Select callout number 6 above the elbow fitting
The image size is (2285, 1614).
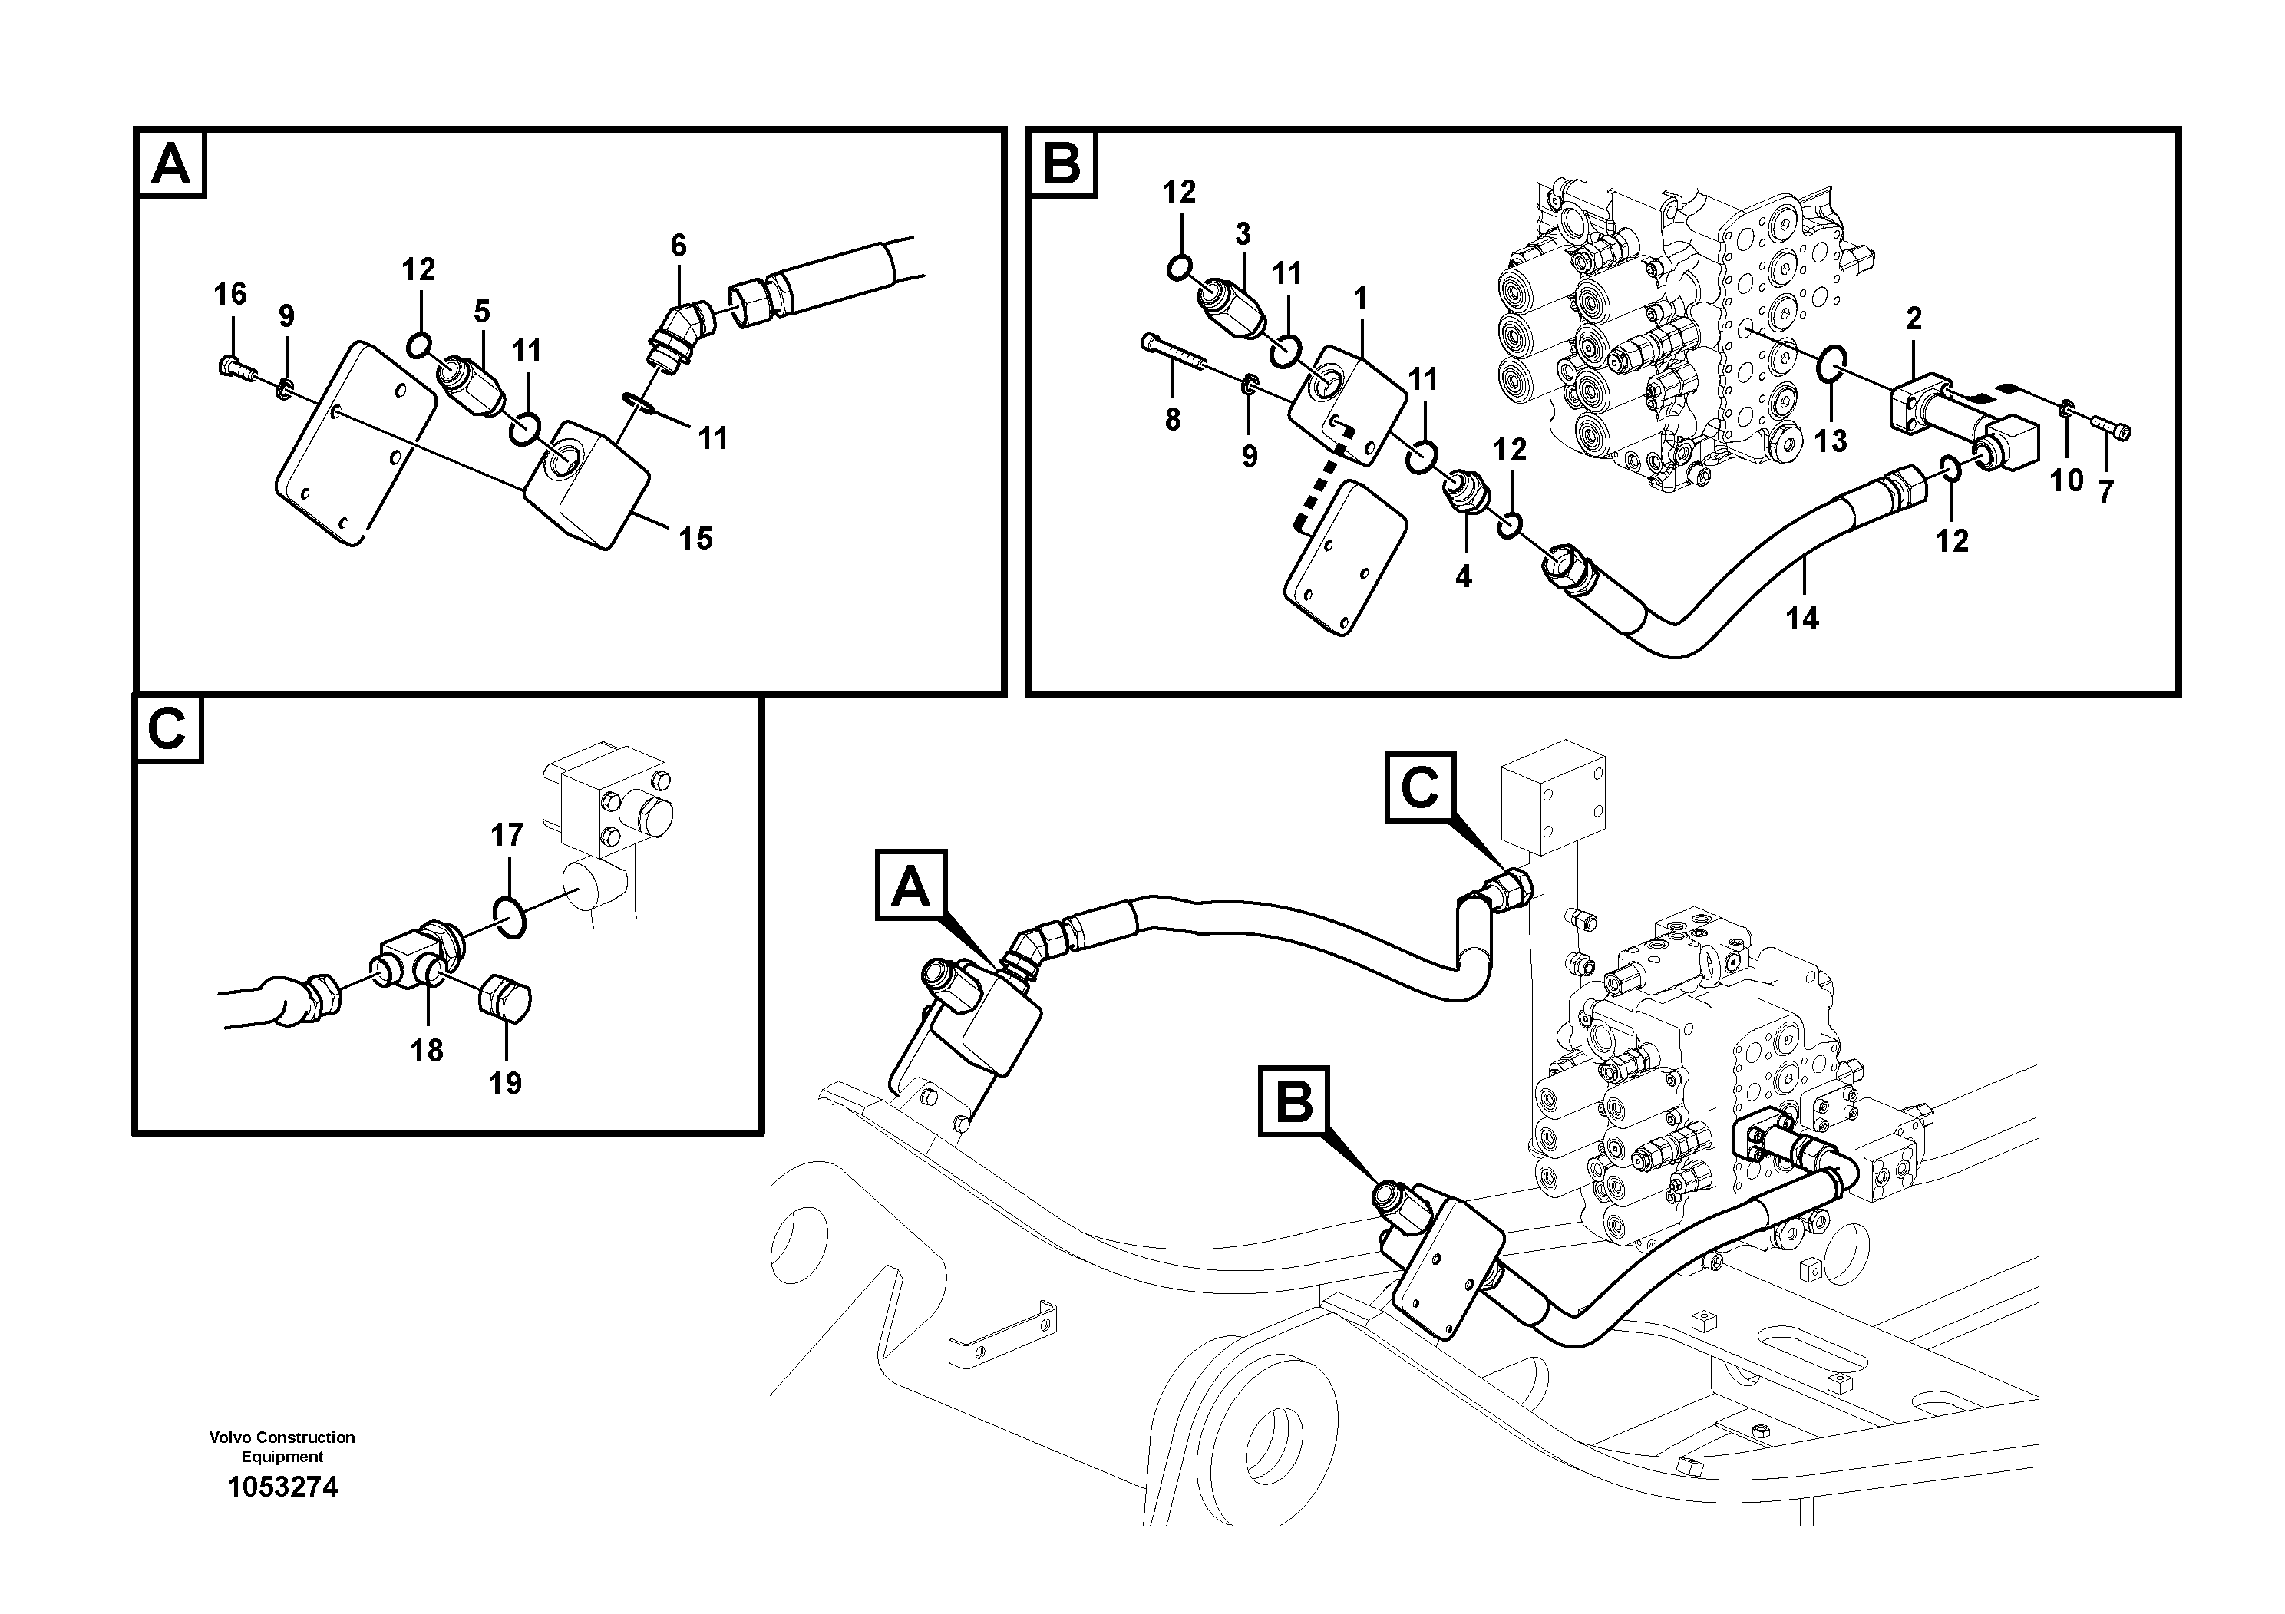(x=678, y=245)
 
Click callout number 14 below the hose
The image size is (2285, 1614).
(x=1801, y=618)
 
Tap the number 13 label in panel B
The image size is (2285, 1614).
(x=1830, y=440)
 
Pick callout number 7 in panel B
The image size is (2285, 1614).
(x=2105, y=490)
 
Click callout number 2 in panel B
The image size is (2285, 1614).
(x=1914, y=319)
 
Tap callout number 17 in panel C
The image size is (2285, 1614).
(x=507, y=835)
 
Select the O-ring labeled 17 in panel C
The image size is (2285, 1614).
(x=510, y=917)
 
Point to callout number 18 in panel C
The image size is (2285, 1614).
(x=427, y=1050)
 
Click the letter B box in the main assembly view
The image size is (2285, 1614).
(x=1294, y=1101)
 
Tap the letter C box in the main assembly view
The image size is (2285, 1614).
(x=1419, y=787)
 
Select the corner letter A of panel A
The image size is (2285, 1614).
(x=170, y=164)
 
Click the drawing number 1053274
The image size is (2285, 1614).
(x=282, y=1487)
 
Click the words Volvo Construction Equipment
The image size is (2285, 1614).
(x=282, y=1447)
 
